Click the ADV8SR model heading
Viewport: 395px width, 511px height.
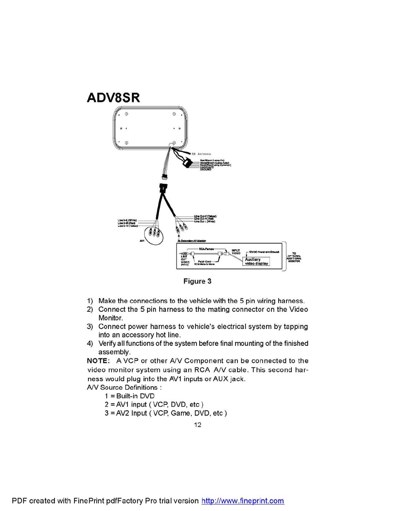click(113, 98)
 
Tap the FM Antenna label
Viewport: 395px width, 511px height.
click(201, 154)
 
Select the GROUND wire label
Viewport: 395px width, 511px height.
click(206, 170)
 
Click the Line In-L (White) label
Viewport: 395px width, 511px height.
click(127, 220)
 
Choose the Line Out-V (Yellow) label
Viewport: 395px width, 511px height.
click(205, 216)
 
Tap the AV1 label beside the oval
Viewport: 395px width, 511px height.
click(142, 241)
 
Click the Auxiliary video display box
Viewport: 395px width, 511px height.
click(256, 261)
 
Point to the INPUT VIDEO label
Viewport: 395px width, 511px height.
click(236, 252)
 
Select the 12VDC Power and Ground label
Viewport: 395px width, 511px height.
click(264, 252)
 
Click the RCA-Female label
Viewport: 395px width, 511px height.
click(206, 249)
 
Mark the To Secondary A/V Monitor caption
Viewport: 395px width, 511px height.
click(192, 241)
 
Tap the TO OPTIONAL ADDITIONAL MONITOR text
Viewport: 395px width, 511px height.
click(294, 257)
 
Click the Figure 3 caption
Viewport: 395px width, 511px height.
click(197, 281)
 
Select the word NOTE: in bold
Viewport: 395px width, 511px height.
click(98, 361)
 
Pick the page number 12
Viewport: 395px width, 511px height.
click(197, 425)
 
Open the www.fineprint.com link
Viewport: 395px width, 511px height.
click(243, 501)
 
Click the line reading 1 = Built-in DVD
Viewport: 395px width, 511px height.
click(130, 396)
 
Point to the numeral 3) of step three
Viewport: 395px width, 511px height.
click(90, 326)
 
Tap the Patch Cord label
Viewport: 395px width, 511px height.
click(204, 261)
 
